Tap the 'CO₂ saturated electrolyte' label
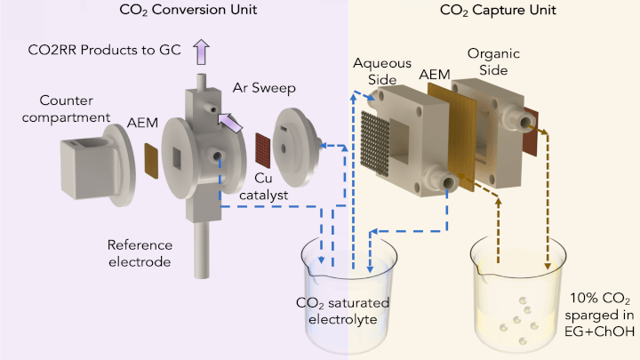[342, 311]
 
